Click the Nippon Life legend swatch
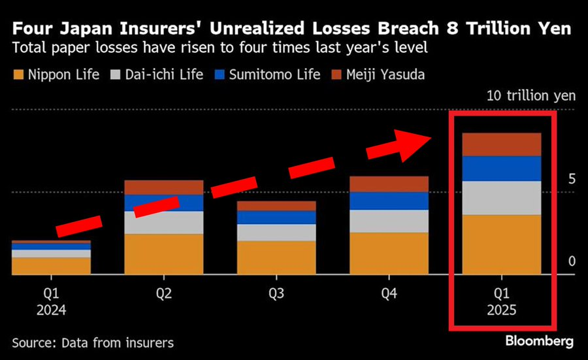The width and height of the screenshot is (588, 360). point(18,74)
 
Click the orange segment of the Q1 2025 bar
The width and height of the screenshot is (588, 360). point(501,244)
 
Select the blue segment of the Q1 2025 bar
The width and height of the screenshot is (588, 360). point(501,169)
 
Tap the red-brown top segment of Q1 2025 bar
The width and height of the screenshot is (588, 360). point(501,144)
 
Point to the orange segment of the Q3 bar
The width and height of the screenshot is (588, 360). point(276,257)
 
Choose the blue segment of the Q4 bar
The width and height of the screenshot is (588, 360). point(389,201)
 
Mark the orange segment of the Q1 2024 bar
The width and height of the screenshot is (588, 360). point(52,266)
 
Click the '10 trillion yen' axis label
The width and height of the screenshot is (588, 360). point(531,95)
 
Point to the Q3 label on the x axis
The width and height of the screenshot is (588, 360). point(276,294)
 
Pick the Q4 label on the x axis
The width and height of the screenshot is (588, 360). point(389,294)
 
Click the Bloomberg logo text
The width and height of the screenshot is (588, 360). point(539,341)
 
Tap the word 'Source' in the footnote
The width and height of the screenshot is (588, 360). point(33,342)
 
